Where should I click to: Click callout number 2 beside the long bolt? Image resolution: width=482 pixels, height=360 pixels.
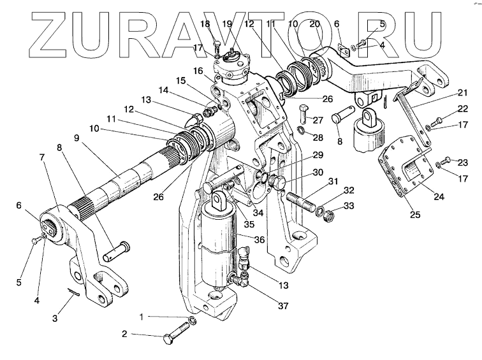tap(125, 333)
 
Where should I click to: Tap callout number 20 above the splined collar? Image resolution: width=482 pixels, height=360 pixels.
tap(313, 24)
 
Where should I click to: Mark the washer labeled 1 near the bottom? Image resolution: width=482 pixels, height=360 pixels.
tap(192, 319)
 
